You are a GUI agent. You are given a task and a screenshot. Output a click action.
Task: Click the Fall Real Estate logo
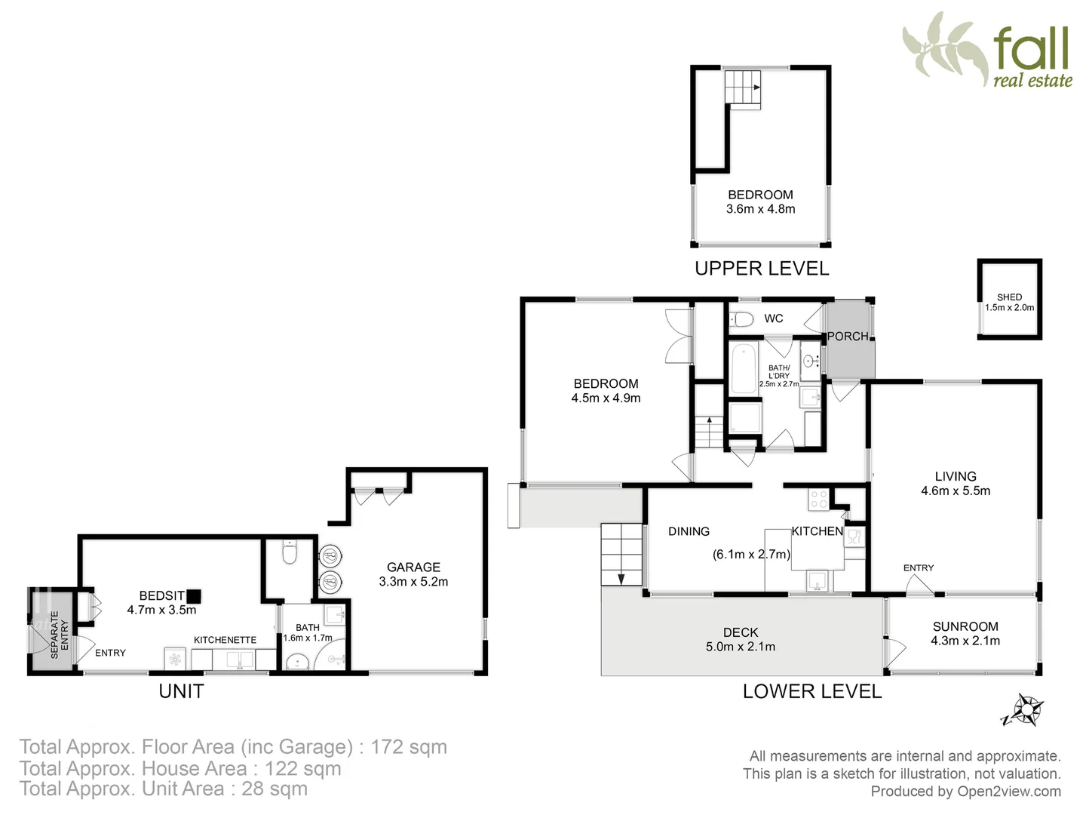[988, 50]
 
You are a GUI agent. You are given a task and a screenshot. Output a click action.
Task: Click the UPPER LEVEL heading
[761, 269]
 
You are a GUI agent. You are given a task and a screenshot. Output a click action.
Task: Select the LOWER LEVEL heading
[811, 691]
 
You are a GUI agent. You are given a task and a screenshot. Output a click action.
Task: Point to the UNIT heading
[181, 691]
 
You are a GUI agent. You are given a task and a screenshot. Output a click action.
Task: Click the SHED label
[1009, 297]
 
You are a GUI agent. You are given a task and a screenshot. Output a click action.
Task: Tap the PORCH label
[848, 337]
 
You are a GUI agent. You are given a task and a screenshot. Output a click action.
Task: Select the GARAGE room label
[413, 567]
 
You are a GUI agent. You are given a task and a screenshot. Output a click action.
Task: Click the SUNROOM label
[965, 626]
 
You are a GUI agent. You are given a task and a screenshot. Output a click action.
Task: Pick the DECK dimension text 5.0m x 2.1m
[741, 647]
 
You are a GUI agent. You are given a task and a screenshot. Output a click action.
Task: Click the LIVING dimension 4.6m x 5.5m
[956, 491]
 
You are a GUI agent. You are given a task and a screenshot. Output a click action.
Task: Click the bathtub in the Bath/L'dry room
[744, 368]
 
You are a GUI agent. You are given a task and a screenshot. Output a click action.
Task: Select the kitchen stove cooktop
[818, 499]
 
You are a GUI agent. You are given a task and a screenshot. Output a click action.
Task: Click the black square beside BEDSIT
[194, 595]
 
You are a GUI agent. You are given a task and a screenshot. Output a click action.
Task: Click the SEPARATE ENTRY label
[59, 635]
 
